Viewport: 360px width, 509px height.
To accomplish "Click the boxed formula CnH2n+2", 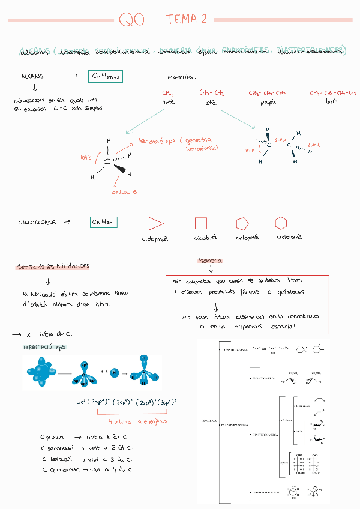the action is click(106, 76).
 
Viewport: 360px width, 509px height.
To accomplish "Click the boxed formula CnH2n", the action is click(103, 222).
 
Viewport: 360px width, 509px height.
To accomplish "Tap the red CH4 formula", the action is click(168, 93).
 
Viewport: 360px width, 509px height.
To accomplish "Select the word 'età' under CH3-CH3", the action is click(211, 103).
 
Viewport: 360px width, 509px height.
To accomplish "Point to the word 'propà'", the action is click(268, 103).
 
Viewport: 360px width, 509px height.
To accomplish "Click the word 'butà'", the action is click(332, 102).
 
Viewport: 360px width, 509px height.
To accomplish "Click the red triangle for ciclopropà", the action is click(155, 223).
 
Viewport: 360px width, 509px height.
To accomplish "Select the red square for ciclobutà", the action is click(201, 223).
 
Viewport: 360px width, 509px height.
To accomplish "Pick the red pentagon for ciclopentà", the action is click(242, 223).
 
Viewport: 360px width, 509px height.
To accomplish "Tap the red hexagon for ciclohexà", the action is click(280, 223).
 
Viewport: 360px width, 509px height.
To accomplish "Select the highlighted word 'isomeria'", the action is click(210, 261).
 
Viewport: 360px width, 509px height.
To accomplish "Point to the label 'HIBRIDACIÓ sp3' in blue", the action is click(45, 348).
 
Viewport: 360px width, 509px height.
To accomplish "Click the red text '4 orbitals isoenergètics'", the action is click(138, 421).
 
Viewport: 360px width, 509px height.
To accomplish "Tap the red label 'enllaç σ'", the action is click(125, 192).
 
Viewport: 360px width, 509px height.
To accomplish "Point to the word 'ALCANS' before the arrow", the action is click(32, 77).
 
